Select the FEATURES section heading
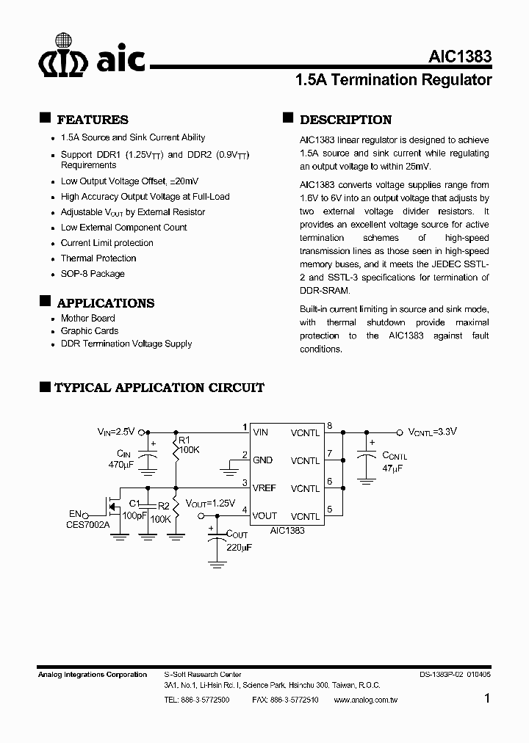(92, 120)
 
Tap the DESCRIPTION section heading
(345, 120)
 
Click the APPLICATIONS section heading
(105, 303)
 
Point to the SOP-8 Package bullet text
(93, 274)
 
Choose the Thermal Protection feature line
(98, 258)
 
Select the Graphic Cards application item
(90, 331)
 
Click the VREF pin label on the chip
(265, 488)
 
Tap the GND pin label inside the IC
(262, 460)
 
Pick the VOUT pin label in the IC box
(265, 516)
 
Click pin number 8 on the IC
(329, 426)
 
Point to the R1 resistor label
(183, 441)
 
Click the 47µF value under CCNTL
(392, 468)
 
